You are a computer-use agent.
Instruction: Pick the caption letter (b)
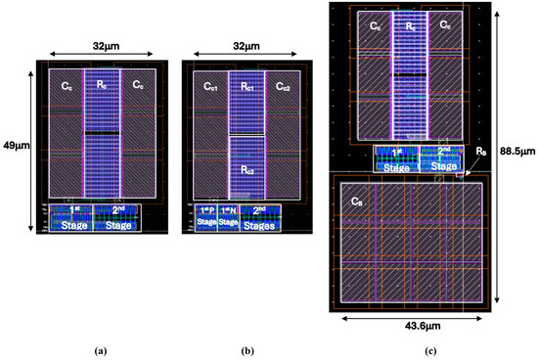coord(244,348)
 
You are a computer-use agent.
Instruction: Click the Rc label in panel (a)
coord(102,86)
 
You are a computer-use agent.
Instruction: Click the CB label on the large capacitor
coord(356,201)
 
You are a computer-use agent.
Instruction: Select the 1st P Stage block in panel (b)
coord(204,218)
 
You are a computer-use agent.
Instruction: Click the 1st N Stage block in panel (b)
coord(227,218)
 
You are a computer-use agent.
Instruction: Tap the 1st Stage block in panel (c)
coord(395,158)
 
